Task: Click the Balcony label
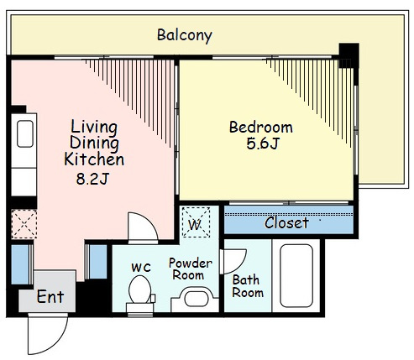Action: click(185, 35)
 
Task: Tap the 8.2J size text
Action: click(92, 179)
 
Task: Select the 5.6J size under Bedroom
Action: click(263, 143)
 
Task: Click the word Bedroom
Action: click(261, 128)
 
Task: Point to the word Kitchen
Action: click(94, 159)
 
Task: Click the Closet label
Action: click(286, 223)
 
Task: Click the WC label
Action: click(141, 268)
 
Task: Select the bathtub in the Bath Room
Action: click(296, 276)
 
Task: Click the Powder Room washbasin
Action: click(195, 300)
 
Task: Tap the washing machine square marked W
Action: click(196, 222)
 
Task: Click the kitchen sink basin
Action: click(25, 133)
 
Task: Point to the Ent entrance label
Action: click(50, 297)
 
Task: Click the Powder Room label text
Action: click(191, 269)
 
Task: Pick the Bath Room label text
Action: click(248, 286)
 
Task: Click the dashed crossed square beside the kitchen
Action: click(24, 224)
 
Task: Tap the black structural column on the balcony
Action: click(348, 55)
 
